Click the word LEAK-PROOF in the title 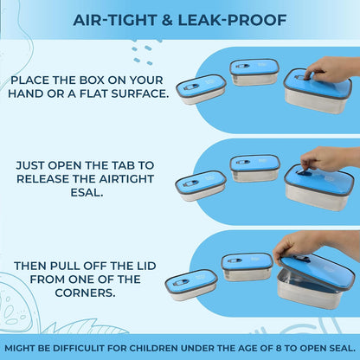[x=232, y=20]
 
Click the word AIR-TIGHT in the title [x=115, y=20]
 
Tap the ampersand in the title [x=167, y=20]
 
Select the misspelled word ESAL [x=87, y=192]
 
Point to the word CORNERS [x=85, y=292]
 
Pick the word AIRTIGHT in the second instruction [x=126, y=179]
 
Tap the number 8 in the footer [x=279, y=348]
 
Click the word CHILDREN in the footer [x=157, y=348]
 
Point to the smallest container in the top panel [x=201, y=89]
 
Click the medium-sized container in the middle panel [x=254, y=169]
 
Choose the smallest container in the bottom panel [x=191, y=285]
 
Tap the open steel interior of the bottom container [x=300, y=283]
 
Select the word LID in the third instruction [x=146, y=266]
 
